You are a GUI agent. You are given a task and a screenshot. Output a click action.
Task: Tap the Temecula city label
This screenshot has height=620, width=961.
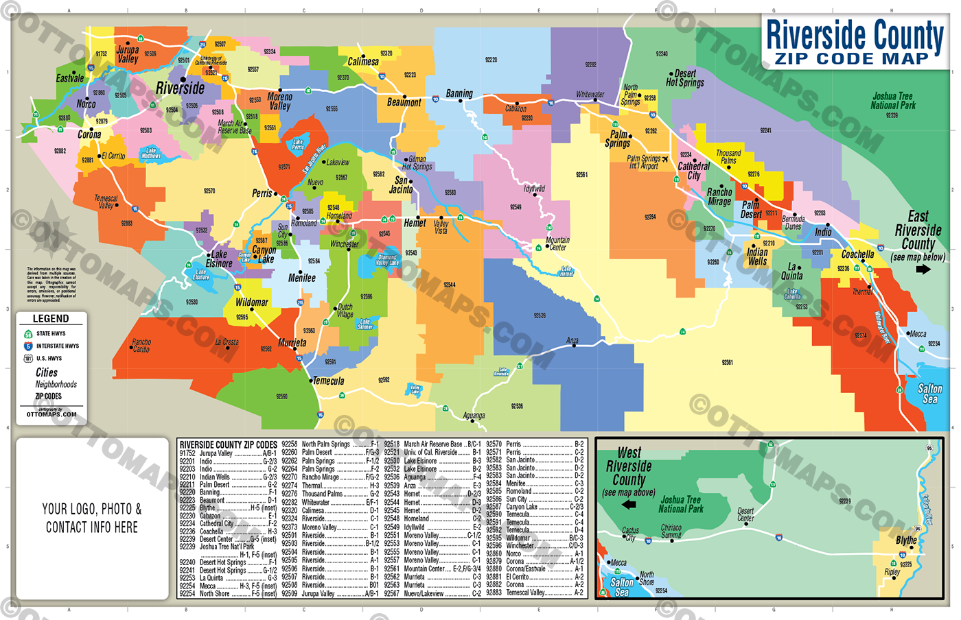329,381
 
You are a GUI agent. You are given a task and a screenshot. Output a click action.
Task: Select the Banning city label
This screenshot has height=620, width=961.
459,93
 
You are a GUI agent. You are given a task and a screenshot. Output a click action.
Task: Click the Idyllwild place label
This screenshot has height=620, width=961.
534,189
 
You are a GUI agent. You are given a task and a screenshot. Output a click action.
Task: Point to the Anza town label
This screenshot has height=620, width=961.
572,341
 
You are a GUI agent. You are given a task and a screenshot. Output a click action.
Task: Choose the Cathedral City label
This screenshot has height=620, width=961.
693,170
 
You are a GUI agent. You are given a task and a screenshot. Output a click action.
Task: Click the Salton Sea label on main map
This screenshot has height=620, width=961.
929,394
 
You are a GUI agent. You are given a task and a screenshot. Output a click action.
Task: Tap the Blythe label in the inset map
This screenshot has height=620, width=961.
906,540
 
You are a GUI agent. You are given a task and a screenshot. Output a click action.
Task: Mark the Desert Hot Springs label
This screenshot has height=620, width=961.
685,78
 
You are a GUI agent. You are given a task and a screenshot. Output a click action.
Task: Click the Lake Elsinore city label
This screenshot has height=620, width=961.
219,259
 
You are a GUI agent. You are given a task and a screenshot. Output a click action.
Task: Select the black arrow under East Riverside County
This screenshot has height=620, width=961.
923,270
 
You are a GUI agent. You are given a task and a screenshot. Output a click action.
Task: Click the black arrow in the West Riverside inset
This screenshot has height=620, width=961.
628,505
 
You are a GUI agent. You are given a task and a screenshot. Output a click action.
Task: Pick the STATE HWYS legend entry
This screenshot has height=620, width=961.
51,334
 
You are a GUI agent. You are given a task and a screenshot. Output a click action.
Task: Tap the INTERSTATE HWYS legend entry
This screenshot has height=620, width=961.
58,346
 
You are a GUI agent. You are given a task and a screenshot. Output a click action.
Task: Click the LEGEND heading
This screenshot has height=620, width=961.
51,319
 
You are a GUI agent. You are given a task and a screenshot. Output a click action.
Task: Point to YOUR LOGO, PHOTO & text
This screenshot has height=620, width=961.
91,509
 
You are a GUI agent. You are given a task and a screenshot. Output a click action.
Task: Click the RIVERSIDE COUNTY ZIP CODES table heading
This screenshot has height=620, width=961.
228,445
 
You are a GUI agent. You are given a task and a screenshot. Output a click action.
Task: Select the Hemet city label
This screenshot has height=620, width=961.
415,223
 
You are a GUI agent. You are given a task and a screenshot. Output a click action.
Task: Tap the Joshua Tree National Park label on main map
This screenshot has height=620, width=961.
892,101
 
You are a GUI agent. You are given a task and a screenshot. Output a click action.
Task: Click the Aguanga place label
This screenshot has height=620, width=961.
474,416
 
